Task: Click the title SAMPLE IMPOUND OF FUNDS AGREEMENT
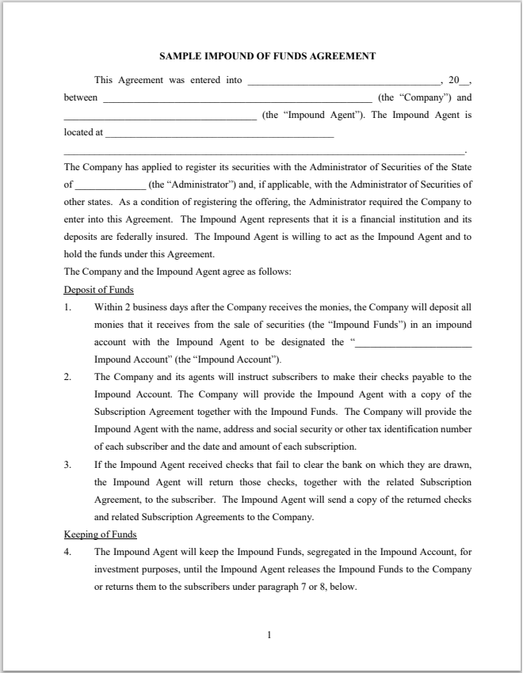pyautogui.click(x=267, y=56)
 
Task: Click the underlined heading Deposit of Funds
pyautogui.click(x=99, y=290)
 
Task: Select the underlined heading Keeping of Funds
pyautogui.click(x=100, y=534)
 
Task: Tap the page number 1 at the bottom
pyautogui.click(x=269, y=634)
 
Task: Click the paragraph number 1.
pyautogui.click(x=67, y=307)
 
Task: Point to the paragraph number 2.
pyautogui.click(x=67, y=377)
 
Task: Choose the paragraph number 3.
pyautogui.click(x=67, y=465)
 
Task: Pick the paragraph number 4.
pyautogui.click(x=67, y=552)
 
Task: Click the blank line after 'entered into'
pyautogui.click(x=344, y=82)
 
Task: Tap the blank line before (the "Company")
pyautogui.click(x=237, y=100)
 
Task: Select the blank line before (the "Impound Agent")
pyautogui.click(x=160, y=117)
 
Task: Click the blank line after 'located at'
pyautogui.click(x=219, y=135)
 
